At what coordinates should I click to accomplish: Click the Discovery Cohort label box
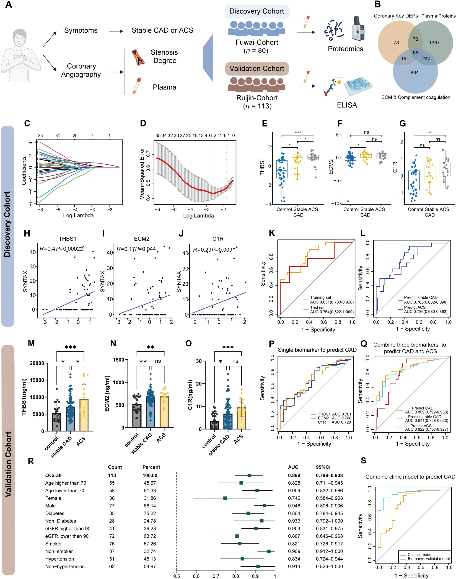pyautogui.click(x=256, y=11)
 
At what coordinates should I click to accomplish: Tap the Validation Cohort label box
pyautogui.click(x=256, y=69)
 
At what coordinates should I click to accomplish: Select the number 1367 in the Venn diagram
pyautogui.click(x=434, y=43)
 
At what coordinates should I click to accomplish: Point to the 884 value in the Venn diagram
pyautogui.click(x=414, y=73)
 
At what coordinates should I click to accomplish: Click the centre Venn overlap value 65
pyautogui.click(x=415, y=53)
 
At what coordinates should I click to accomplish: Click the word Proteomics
pyautogui.click(x=345, y=49)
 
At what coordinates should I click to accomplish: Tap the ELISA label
pyautogui.click(x=347, y=105)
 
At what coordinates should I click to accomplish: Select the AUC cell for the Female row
pyautogui.click(x=294, y=498)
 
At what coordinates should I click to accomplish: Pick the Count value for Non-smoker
pyautogui.click(x=112, y=551)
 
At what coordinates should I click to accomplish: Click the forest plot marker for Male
pyautogui.click(x=264, y=506)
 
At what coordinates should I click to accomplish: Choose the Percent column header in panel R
pyautogui.click(x=151, y=467)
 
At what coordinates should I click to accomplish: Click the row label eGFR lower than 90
pyautogui.click(x=67, y=536)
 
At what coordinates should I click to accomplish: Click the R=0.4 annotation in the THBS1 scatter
pyautogui.click(x=47, y=249)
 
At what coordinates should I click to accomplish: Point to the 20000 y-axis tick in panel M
pyautogui.click(x=37, y=363)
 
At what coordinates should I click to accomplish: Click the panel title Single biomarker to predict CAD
pyautogui.click(x=317, y=350)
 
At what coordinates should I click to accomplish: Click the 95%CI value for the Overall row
pyautogui.click(x=329, y=476)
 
